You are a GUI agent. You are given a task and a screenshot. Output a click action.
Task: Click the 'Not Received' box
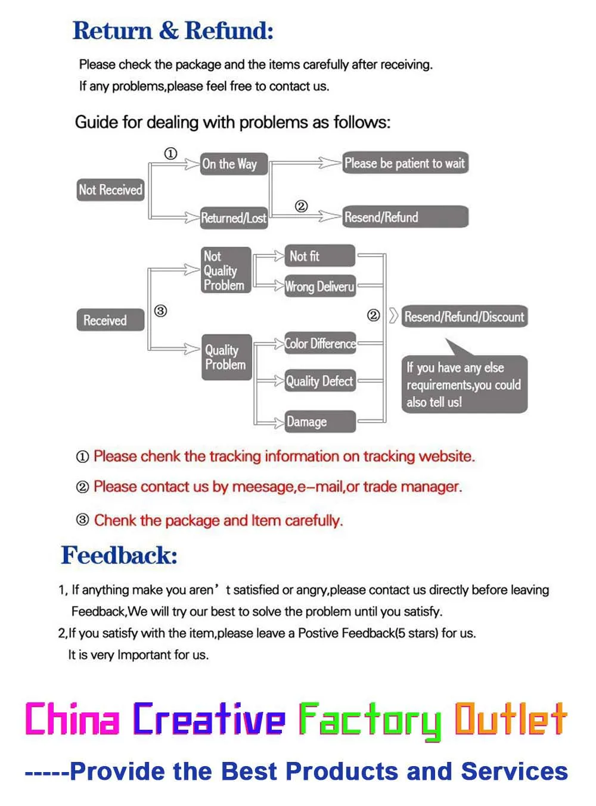(111, 190)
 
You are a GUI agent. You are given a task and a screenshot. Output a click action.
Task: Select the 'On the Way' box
(234, 164)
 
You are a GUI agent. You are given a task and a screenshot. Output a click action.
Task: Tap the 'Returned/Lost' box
(234, 218)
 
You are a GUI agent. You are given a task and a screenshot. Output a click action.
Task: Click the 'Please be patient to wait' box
(405, 163)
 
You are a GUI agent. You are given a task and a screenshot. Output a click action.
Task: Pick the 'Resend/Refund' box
(405, 217)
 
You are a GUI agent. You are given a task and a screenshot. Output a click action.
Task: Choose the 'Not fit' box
(319, 256)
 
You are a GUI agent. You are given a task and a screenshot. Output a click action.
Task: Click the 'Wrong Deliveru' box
(320, 287)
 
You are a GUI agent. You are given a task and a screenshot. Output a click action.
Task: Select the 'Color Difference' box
(320, 344)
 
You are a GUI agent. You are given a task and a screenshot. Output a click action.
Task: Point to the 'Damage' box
(320, 422)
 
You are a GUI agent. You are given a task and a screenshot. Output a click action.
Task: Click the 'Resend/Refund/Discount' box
(464, 317)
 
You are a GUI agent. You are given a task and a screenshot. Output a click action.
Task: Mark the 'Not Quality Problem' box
(225, 270)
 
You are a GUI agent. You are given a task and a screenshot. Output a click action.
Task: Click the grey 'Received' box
(110, 320)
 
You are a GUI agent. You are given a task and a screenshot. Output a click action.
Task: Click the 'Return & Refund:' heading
(173, 31)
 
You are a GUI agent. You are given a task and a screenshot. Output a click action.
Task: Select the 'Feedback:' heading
(119, 555)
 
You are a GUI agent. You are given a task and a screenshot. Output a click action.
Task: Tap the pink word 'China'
(72, 719)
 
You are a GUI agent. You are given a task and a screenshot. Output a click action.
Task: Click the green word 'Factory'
(370, 720)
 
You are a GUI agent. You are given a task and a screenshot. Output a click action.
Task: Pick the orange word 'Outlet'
(510, 719)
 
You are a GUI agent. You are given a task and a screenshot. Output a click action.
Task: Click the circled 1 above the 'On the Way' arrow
(170, 154)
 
